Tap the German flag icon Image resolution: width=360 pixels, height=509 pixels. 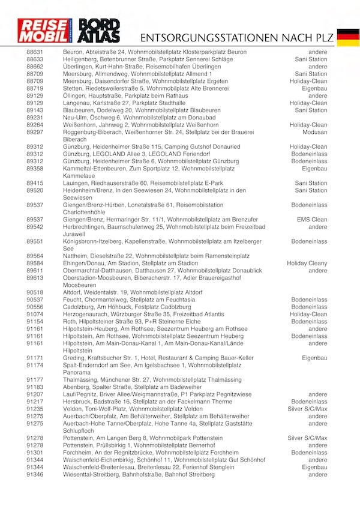click(347, 37)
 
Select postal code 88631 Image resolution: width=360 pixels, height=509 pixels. click(35, 52)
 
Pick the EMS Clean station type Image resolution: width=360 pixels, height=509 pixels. click(312, 219)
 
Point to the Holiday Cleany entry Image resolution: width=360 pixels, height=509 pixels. click(307, 263)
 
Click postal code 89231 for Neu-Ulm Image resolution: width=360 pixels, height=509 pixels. click(35, 118)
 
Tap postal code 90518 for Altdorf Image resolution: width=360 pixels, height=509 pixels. click(35, 292)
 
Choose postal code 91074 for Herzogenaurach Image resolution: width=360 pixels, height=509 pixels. click(35, 314)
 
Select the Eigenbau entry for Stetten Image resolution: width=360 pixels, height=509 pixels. click(314, 88)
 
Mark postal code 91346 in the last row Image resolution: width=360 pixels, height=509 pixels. click(35, 474)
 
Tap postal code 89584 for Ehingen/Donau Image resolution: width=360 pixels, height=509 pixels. click(35, 263)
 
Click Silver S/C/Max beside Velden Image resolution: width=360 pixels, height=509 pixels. click(308, 409)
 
